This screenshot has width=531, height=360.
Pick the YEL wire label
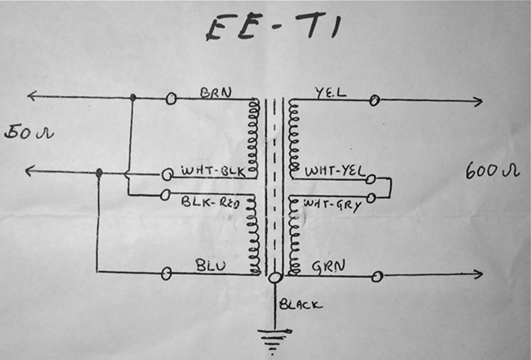325,93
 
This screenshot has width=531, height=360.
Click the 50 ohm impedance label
28,131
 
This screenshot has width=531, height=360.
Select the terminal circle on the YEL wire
374,100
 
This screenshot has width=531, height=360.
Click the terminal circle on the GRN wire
377,276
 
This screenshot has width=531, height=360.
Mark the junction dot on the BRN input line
133,98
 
